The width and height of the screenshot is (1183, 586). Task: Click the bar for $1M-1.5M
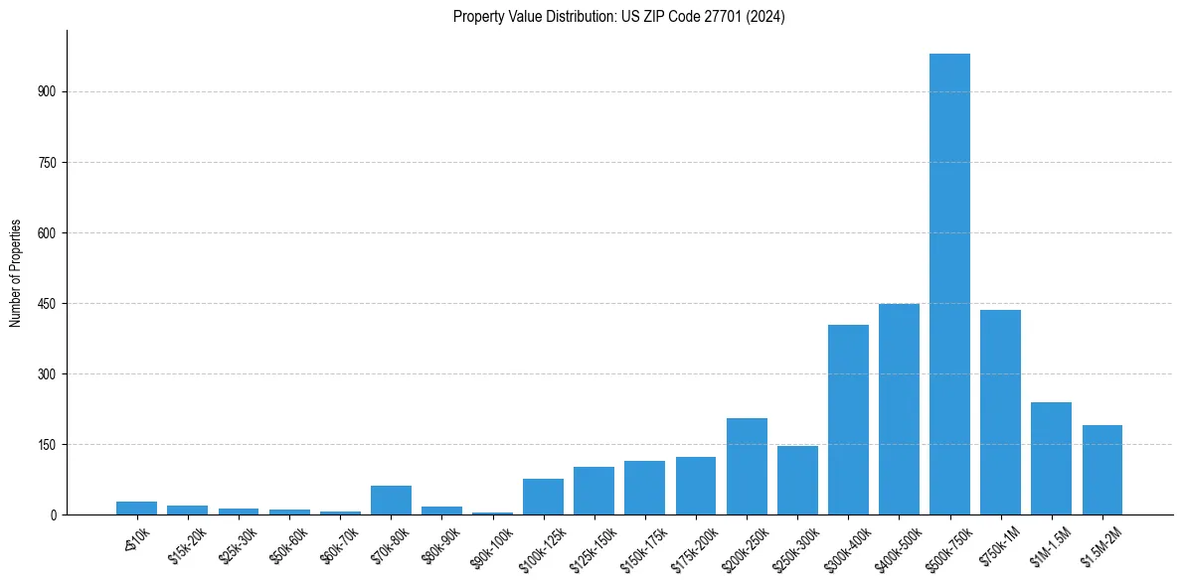tap(1051, 458)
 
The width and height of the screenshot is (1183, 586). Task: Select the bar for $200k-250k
tap(747, 466)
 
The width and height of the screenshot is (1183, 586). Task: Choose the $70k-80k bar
tap(391, 500)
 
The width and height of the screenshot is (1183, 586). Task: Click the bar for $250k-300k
tap(797, 480)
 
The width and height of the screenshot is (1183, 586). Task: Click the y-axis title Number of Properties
tap(16, 272)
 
